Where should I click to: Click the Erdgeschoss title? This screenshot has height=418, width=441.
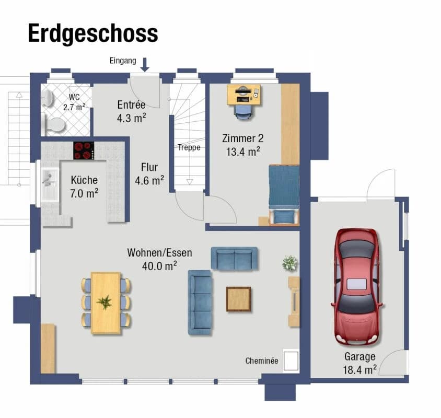(92, 33)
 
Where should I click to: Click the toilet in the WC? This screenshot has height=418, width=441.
(54, 125)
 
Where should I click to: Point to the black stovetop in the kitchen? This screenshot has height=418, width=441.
(84, 150)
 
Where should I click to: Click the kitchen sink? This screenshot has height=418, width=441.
(50, 182)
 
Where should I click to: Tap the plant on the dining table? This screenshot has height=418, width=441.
(105, 302)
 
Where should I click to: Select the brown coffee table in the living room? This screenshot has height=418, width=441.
(238, 299)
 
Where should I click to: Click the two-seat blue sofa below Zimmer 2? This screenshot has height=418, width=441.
(234, 258)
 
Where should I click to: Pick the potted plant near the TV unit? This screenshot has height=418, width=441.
(290, 263)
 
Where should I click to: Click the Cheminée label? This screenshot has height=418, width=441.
(262, 361)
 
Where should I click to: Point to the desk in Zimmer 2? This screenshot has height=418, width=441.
(244, 95)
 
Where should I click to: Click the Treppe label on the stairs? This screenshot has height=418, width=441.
(189, 147)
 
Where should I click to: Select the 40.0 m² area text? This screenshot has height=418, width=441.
(159, 266)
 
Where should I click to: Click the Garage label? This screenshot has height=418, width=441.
(359, 357)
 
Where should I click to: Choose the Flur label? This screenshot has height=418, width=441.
(149, 168)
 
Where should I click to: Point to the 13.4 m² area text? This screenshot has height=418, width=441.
(243, 152)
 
